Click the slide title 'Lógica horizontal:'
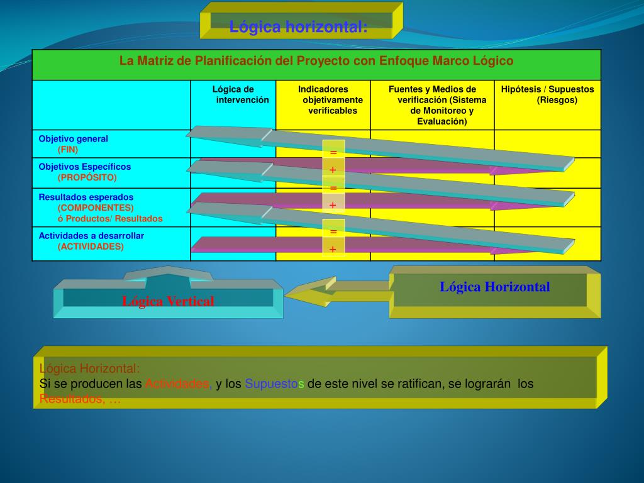(x=298, y=27)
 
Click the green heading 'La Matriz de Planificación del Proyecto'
(x=316, y=61)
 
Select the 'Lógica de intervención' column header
(x=233, y=94)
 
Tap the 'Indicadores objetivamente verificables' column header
(x=323, y=100)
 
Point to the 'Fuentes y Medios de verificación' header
(x=432, y=105)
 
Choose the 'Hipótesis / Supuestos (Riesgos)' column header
(x=547, y=94)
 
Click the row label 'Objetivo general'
(x=74, y=139)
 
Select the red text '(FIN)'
(x=68, y=150)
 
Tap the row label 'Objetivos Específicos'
(x=85, y=167)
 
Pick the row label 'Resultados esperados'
(x=86, y=197)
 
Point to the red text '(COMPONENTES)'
(x=96, y=208)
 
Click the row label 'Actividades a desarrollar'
(x=91, y=236)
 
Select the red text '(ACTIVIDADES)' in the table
(x=91, y=247)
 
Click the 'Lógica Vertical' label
(x=168, y=301)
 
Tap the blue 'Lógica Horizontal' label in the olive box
(x=494, y=287)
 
